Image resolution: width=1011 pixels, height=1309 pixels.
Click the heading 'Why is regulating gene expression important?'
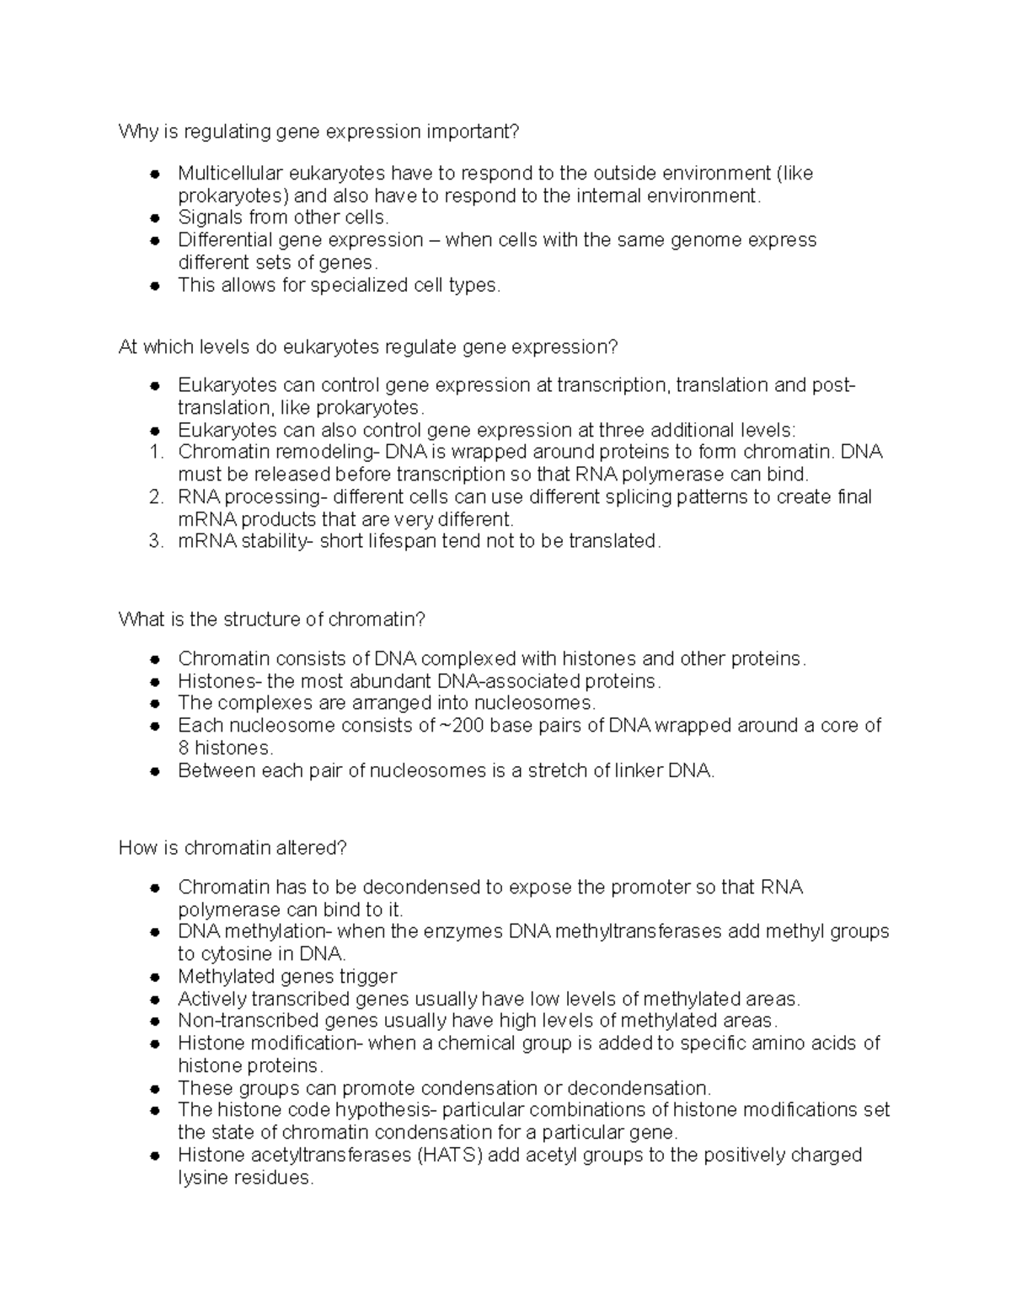click(x=319, y=131)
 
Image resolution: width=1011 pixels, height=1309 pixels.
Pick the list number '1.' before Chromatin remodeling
click(x=156, y=452)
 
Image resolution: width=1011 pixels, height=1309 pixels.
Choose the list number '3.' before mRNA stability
click(x=156, y=541)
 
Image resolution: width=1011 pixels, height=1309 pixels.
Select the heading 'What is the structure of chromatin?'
click(x=272, y=620)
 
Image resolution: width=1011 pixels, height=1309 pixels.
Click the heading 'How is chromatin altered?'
click(x=233, y=848)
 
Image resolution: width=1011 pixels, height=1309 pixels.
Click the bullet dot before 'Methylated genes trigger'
click(x=154, y=977)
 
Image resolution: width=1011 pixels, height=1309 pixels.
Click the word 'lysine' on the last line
click(x=201, y=1178)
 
